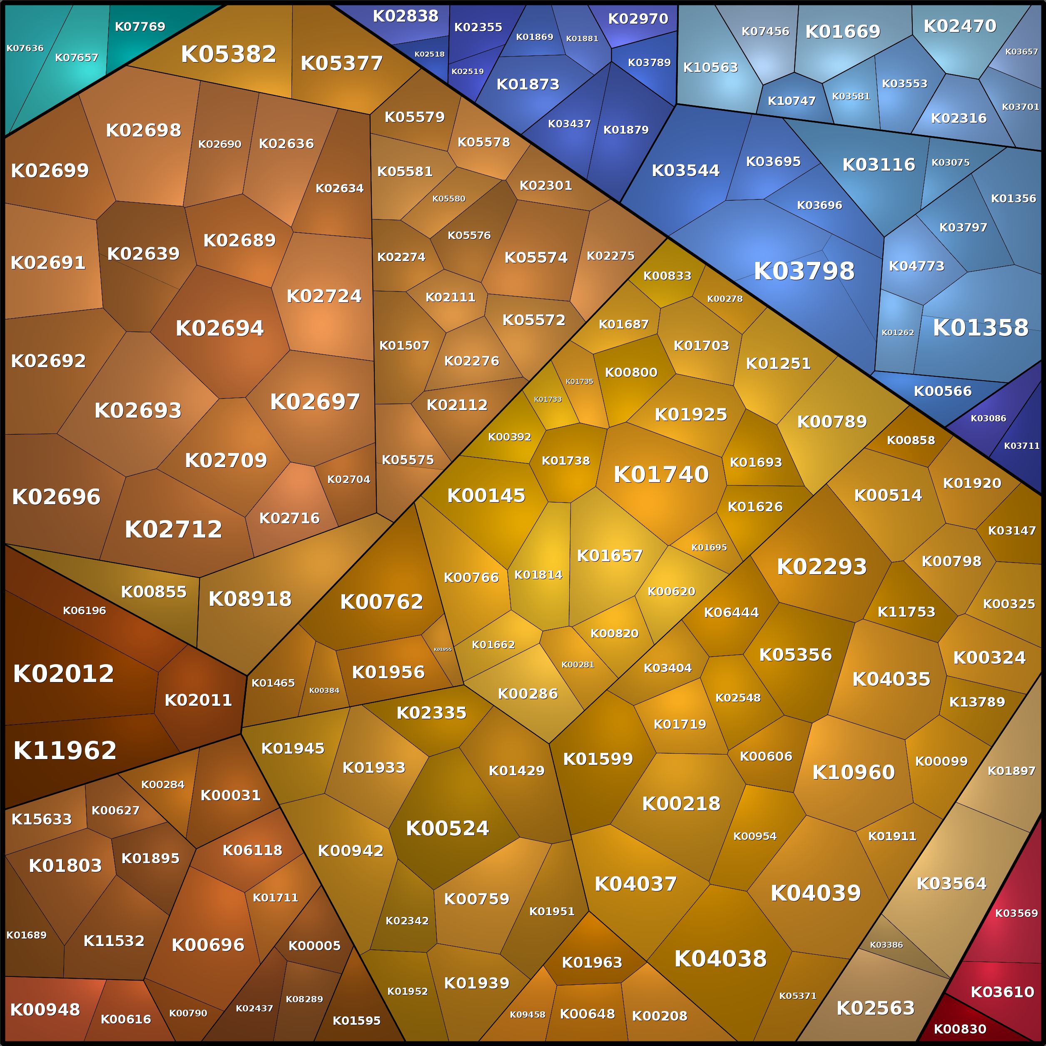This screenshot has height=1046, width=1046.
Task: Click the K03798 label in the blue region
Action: [804, 271]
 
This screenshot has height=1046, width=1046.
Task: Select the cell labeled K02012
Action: [63, 673]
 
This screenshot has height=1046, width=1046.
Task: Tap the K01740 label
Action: [661, 475]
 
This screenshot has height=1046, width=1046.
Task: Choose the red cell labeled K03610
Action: [1002, 992]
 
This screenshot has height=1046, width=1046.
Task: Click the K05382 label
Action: [229, 54]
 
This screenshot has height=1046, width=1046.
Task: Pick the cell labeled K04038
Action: [720, 959]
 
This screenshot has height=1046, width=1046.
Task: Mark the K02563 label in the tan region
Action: [875, 1008]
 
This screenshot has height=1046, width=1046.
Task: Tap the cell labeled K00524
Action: [447, 828]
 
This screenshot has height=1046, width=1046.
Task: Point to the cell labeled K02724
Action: [324, 296]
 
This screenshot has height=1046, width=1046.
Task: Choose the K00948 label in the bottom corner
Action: [45, 1010]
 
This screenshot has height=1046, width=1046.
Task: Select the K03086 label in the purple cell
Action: [988, 418]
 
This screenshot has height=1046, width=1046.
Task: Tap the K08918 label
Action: [250, 599]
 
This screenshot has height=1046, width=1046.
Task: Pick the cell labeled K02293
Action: [821, 567]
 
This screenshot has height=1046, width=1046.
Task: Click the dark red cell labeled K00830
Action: [960, 1029]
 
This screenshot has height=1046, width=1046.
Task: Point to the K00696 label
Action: [208, 945]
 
